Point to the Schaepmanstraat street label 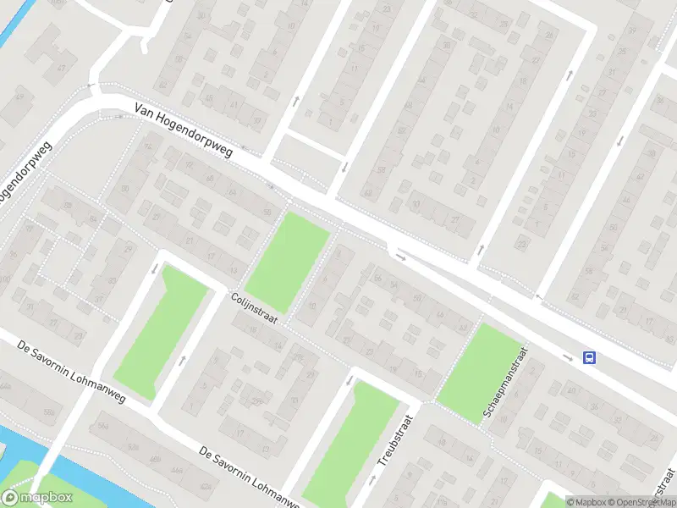[506, 384]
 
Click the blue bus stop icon [590, 357]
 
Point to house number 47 [61, 69]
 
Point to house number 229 [256, 400]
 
